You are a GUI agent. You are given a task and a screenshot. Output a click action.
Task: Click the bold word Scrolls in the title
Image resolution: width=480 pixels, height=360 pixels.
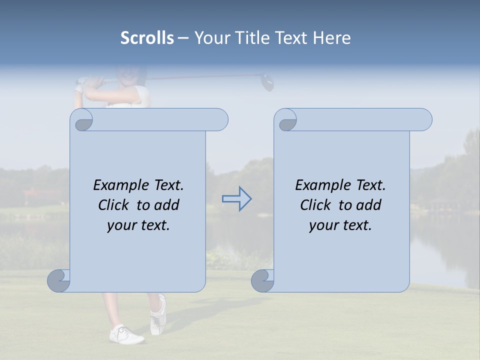tap(147, 38)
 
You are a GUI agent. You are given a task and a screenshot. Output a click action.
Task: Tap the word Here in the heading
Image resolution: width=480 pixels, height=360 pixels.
tap(331, 38)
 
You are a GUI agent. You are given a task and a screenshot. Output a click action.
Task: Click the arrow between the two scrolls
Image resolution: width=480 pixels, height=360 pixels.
tap(236, 199)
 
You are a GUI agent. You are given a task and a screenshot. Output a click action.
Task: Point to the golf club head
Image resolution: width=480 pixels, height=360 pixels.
tap(267, 82)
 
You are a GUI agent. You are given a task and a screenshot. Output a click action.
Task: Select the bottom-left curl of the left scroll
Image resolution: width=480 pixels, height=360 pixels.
tap(59, 280)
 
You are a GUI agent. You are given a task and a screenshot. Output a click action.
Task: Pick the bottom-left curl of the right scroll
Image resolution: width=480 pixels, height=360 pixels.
tap(263, 280)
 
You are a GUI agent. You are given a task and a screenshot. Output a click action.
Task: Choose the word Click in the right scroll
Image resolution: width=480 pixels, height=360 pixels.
tap(315, 205)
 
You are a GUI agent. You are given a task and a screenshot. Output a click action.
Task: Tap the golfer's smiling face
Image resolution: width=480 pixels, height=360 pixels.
tap(127, 75)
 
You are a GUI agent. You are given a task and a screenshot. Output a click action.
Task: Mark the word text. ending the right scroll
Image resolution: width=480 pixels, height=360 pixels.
tap(356, 225)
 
